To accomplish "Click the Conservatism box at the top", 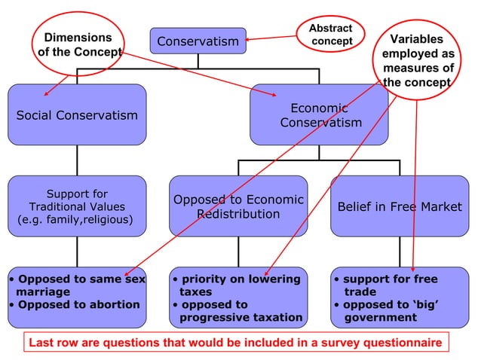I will tap(198, 41).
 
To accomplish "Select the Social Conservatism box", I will tap(77, 114).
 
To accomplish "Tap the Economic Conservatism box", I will tap(318, 114).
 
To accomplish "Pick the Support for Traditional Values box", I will tap(77, 206).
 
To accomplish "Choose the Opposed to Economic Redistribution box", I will tap(238, 206).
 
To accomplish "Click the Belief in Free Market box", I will tap(399, 206).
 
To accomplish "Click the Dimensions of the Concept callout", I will tap(78, 44).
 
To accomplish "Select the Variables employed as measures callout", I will tap(417, 60).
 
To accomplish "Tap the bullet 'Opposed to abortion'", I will tap(78, 305).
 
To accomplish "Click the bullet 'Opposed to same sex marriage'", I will tap(78, 285).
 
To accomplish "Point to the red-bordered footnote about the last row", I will tap(234, 343).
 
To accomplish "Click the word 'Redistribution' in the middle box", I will tap(238, 215).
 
